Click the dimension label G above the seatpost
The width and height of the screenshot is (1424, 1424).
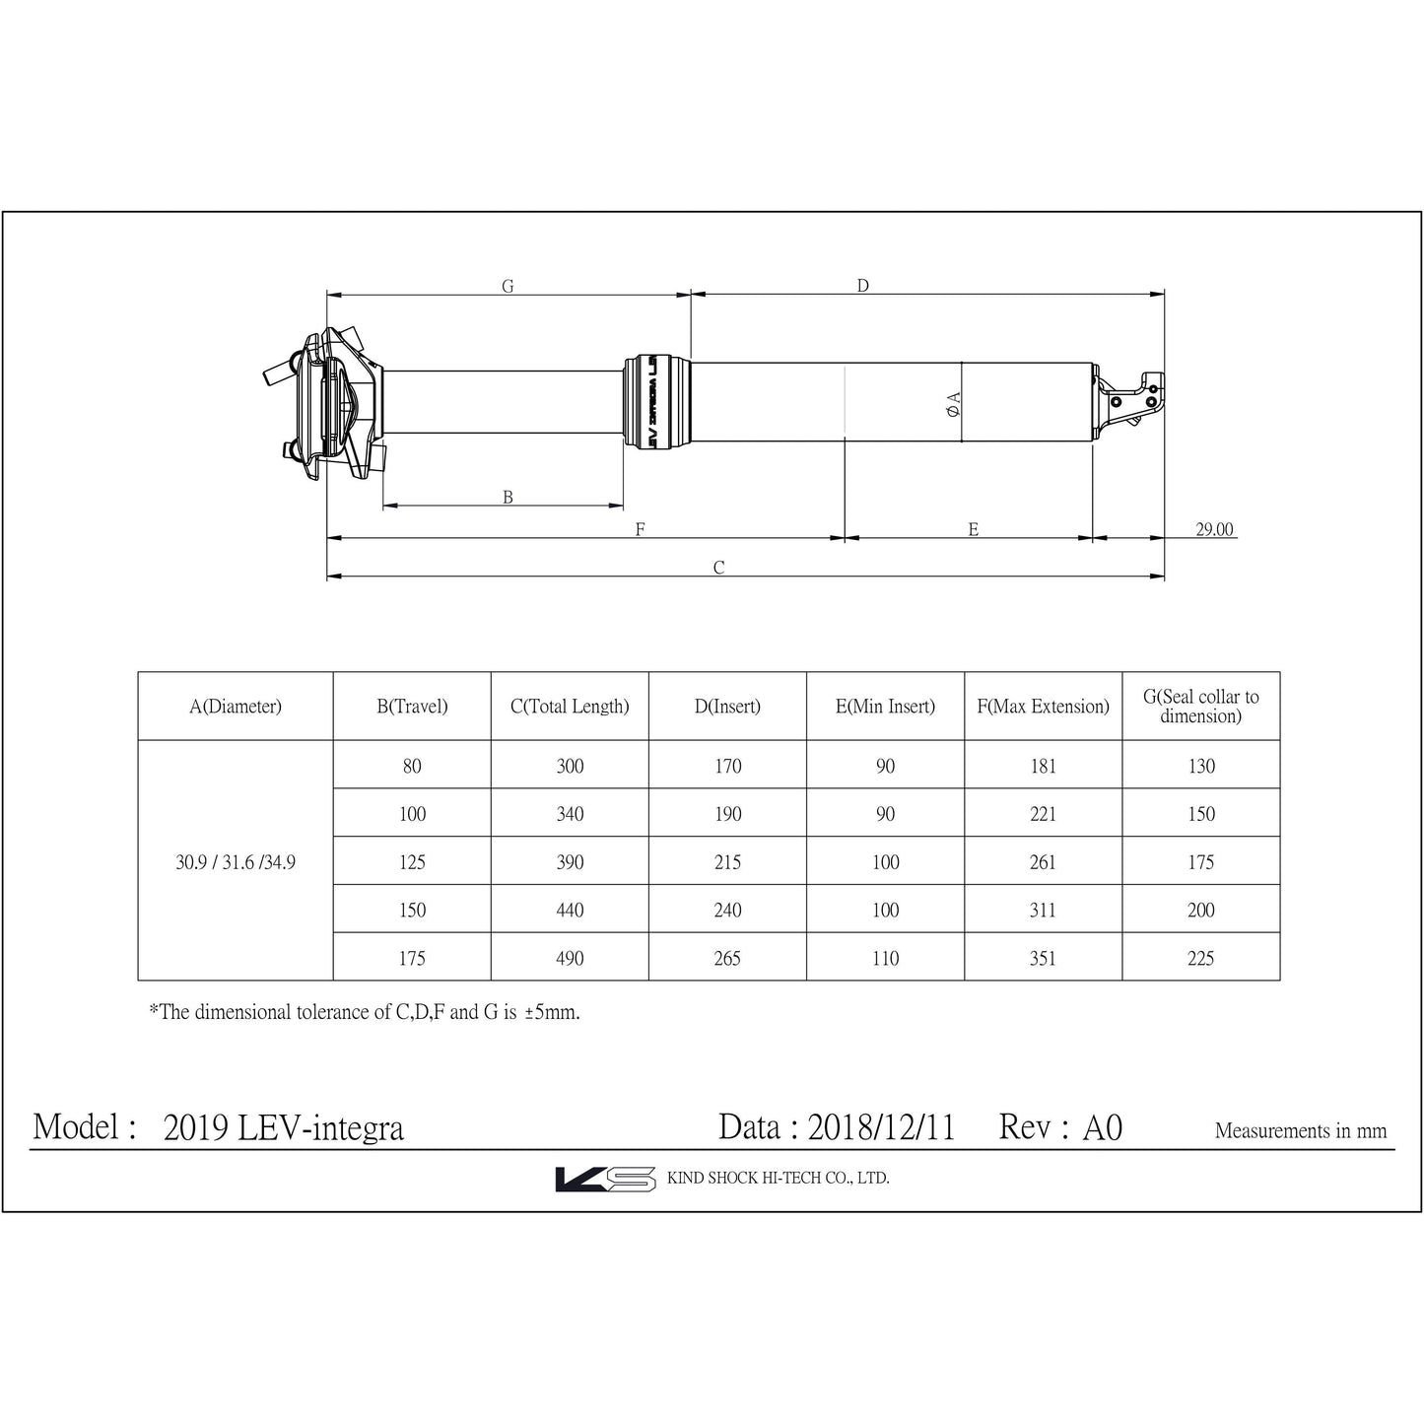pos(508,287)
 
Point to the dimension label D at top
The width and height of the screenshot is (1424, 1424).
pos(862,286)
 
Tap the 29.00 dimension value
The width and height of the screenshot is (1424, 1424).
pos(1214,529)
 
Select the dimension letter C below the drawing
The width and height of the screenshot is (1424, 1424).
pos(718,568)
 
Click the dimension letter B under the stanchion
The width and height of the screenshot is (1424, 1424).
pos(508,498)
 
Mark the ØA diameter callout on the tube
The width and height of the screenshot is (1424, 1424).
pos(953,404)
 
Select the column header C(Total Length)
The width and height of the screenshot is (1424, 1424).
pos(570,707)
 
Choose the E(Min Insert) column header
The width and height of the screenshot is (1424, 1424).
pos(885,707)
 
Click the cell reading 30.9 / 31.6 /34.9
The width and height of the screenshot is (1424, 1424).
pos(236,862)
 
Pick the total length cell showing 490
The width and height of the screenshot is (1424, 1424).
pos(570,958)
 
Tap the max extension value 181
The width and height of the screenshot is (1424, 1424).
pos(1043,766)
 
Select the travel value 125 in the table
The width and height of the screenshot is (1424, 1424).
pos(412,862)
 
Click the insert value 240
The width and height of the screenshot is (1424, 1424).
pos(727,910)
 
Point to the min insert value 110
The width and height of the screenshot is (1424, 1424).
pos(885,958)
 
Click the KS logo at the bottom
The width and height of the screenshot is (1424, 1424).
pos(605,1179)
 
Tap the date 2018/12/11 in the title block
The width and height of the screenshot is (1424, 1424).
pos(881,1127)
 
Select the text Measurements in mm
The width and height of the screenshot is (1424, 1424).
pos(1300,1131)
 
